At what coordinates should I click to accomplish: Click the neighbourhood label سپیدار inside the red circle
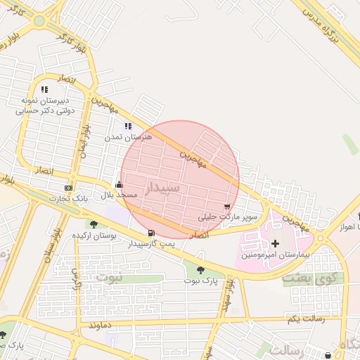click(x=163, y=188)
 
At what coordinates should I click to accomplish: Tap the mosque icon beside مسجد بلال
click(x=118, y=185)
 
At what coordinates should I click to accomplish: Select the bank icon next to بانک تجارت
click(x=68, y=188)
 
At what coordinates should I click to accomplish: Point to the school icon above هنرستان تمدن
click(x=127, y=127)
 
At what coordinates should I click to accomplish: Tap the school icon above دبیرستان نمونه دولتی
click(x=44, y=90)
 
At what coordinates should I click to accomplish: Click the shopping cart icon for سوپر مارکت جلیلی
click(x=226, y=207)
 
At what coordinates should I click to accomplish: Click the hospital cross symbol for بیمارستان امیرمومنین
click(x=275, y=243)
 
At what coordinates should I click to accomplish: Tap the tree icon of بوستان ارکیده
click(x=94, y=224)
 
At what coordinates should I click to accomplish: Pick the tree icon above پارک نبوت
click(x=201, y=270)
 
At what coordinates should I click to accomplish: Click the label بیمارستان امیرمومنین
click(x=275, y=254)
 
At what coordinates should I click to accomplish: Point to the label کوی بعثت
click(x=304, y=278)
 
